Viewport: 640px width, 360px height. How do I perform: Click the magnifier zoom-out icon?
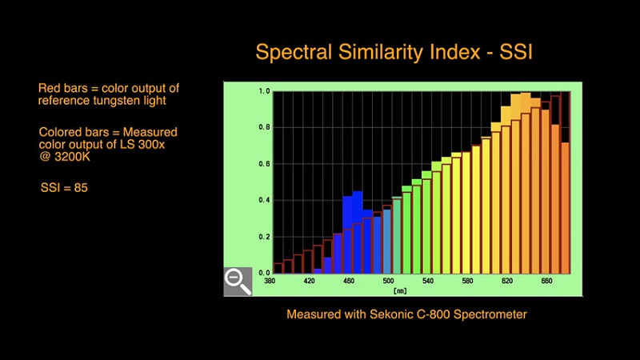(238, 281)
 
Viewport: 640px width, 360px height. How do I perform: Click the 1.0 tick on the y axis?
(263, 91)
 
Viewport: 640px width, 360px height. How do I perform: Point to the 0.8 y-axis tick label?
(263, 127)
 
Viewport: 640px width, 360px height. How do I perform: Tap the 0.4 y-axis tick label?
(263, 200)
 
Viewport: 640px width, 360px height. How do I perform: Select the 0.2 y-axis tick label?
(263, 237)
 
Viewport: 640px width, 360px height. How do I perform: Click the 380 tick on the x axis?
(270, 282)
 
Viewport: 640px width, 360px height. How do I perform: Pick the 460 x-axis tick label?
(349, 282)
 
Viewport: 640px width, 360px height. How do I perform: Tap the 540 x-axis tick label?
(428, 282)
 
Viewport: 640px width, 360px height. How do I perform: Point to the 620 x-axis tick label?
(507, 282)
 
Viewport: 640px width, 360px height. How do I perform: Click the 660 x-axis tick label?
(547, 282)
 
